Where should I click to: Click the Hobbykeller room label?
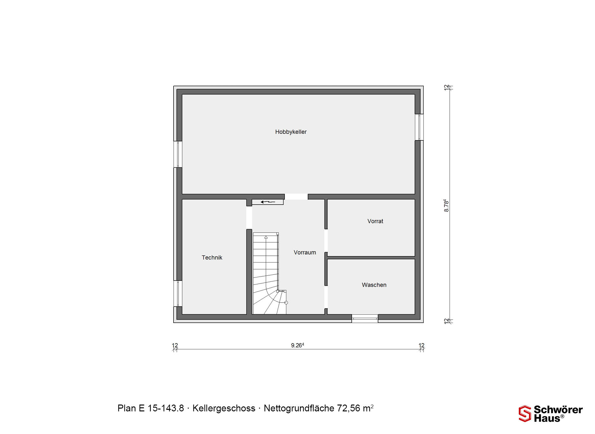pos(291,132)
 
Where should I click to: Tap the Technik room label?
pos(212,258)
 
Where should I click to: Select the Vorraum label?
pos(305,253)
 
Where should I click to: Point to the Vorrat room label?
pos(375,221)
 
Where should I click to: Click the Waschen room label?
pos(374,285)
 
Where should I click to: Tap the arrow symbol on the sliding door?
pos(268,202)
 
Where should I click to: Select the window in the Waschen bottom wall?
pos(365,318)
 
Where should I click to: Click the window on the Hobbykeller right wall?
pos(419,127)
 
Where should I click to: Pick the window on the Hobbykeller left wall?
pos(178,154)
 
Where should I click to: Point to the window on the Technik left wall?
pos(178,294)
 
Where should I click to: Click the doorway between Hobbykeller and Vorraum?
pos(296,197)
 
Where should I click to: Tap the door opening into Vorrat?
pos(326,241)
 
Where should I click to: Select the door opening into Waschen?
pos(326,297)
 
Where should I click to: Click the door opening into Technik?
pos(249,218)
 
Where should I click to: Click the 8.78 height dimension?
pos(446,206)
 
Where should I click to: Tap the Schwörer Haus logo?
pos(550,414)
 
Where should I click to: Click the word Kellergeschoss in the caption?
pos(224,408)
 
